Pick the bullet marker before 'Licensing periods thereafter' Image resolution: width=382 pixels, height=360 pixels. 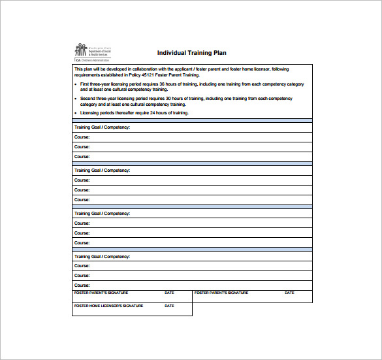[x=76, y=113]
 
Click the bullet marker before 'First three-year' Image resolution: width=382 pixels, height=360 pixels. [x=76, y=84]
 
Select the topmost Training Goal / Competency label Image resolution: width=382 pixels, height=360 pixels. [x=102, y=127]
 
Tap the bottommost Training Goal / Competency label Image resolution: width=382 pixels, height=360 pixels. [x=102, y=257]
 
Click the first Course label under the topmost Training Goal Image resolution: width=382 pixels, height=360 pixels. [x=82, y=137]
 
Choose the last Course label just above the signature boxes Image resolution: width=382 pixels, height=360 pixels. [x=82, y=286]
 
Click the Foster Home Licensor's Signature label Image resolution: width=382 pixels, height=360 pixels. [x=108, y=306]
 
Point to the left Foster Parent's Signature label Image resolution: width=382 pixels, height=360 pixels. [x=101, y=293]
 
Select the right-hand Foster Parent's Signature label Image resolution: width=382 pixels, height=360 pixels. [x=221, y=293]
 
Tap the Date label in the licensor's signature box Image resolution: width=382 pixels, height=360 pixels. [x=169, y=306]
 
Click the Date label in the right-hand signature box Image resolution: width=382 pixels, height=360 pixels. [x=289, y=293]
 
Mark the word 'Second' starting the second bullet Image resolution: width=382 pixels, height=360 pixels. [x=88, y=99]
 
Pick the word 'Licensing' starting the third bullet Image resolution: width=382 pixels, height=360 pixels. [x=91, y=113]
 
